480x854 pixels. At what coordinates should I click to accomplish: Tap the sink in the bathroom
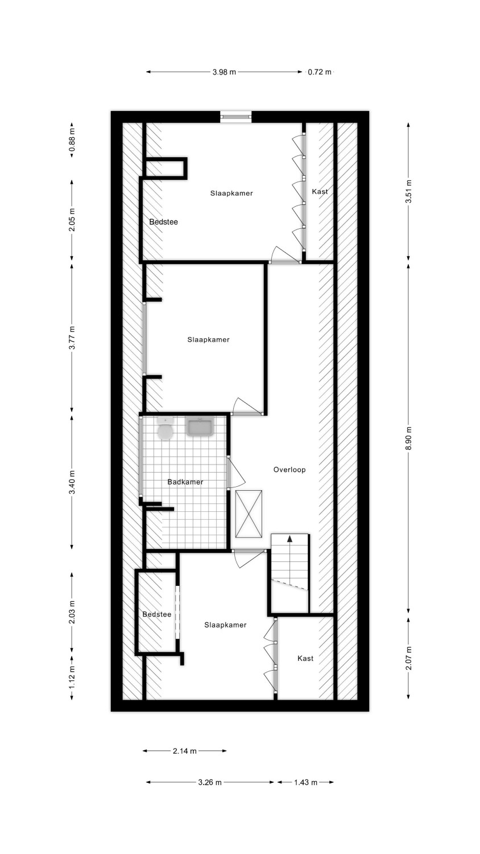pos(200,426)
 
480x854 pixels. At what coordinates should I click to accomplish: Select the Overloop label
pos(289,470)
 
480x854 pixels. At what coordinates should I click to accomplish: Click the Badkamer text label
pos(185,482)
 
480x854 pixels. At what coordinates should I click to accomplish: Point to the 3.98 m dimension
pos(225,72)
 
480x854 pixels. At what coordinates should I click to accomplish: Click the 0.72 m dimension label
pos(320,72)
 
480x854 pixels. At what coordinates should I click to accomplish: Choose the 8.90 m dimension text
pos(408,438)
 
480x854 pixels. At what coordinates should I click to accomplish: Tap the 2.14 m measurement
pos(185,751)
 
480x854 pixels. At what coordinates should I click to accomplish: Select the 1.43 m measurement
pos(305,782)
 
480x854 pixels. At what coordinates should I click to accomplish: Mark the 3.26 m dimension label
pos(209,782)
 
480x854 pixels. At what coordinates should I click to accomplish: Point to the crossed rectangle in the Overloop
pos(249,514)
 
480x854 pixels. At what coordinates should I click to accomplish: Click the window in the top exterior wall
pos(236,117)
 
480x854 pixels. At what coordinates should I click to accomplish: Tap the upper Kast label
pos(320,191)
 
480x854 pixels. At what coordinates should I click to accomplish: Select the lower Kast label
pos(305,658)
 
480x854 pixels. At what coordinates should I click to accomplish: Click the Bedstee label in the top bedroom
pos(163,222)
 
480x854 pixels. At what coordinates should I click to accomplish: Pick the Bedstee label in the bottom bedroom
pos(156,614)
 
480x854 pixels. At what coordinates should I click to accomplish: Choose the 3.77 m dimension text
pos(72,338)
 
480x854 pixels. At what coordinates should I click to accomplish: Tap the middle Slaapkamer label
pos(208,340)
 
